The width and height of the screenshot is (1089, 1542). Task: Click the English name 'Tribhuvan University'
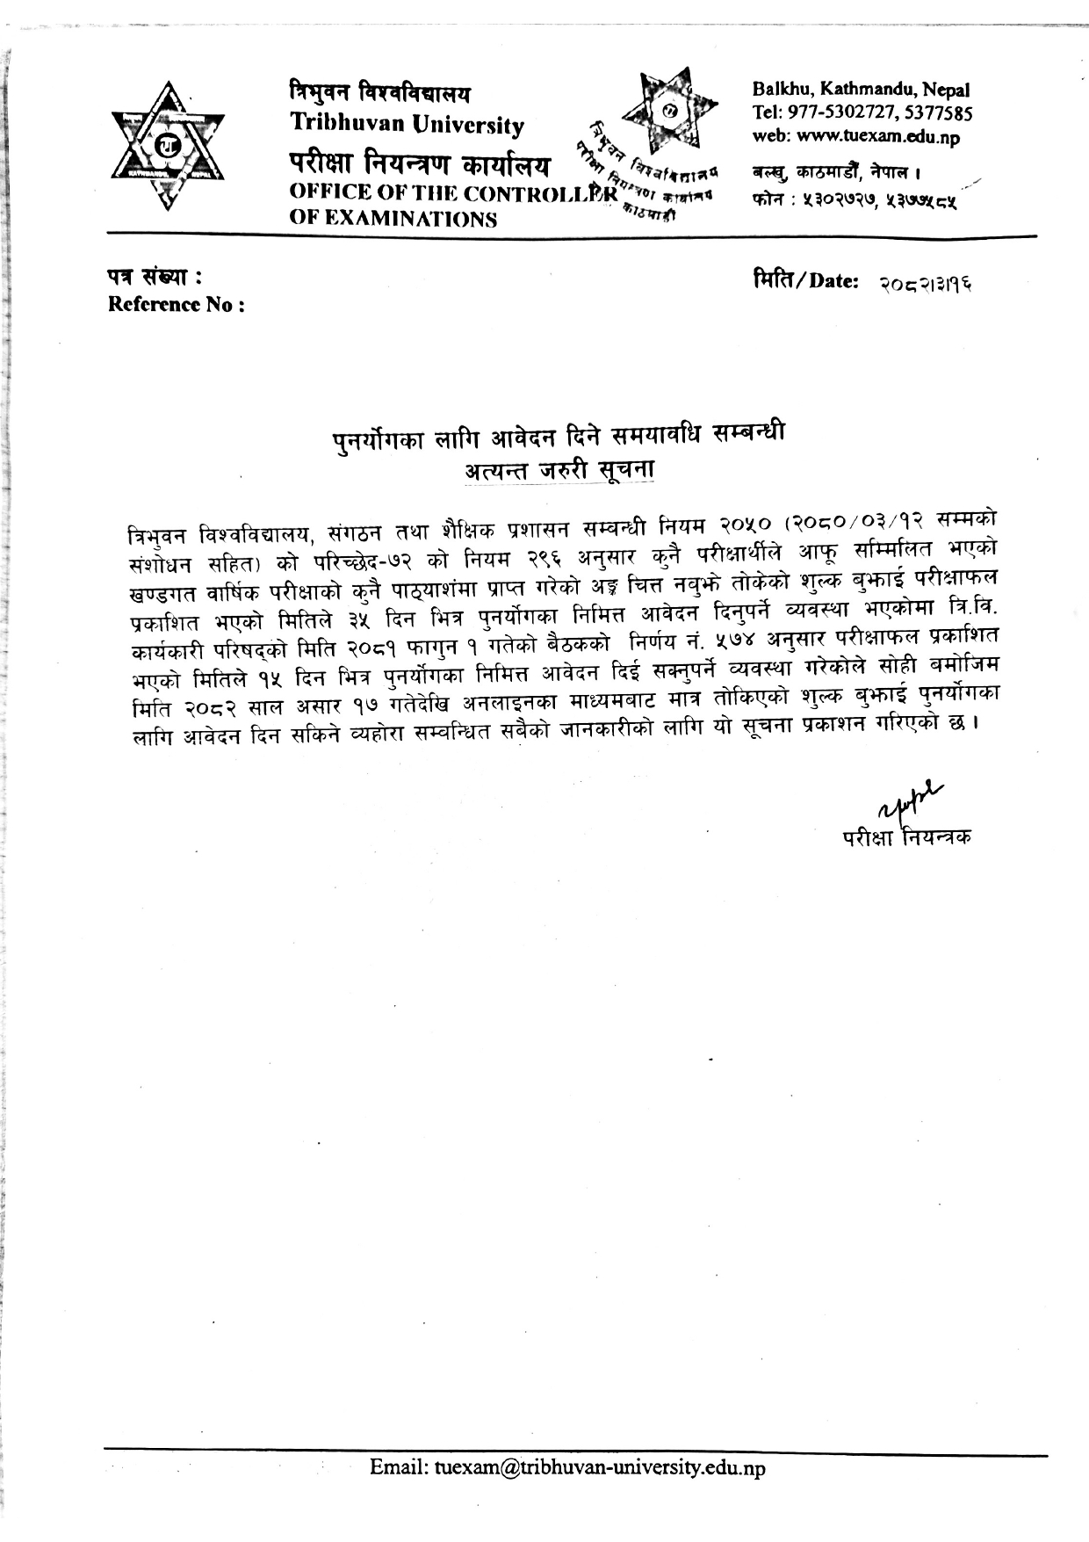[407, 125]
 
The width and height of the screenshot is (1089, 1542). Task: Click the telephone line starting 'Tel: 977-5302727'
[862, 113]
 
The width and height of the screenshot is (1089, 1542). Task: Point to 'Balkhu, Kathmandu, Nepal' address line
[861, 90]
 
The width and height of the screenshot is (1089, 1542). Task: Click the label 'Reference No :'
[176, 305]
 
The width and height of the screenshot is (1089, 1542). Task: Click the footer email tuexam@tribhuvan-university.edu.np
[567, 1467]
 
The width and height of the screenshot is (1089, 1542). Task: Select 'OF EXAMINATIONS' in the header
[393, 219]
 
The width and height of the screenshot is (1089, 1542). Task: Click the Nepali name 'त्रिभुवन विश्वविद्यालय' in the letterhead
[380, 91]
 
